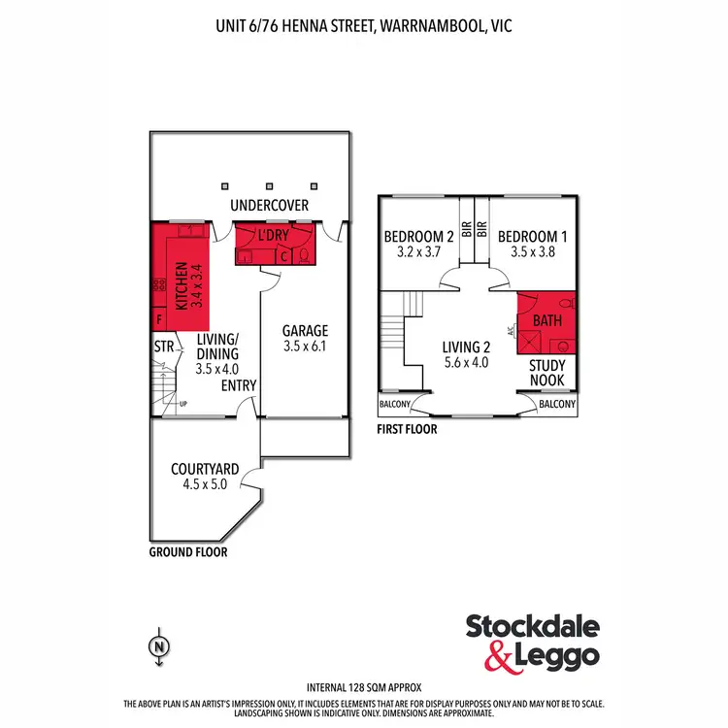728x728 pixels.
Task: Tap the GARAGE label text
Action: tap(305, 329)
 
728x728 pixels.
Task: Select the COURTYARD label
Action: tap(199, 469)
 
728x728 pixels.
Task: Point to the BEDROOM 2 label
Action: tap(418, 236)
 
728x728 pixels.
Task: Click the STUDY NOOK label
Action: tap(546, 374)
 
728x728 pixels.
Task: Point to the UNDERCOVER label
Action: tap(269, 205)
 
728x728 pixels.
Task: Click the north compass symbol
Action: tap(156, 645)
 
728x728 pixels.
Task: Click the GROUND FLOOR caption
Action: tap(188, 551)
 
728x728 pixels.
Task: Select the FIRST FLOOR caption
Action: tap(406, 428)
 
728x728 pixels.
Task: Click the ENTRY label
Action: tap(239, 385)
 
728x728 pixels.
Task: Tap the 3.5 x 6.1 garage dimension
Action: tap(305, 345)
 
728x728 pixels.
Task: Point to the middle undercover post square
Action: tap(269, 183)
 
